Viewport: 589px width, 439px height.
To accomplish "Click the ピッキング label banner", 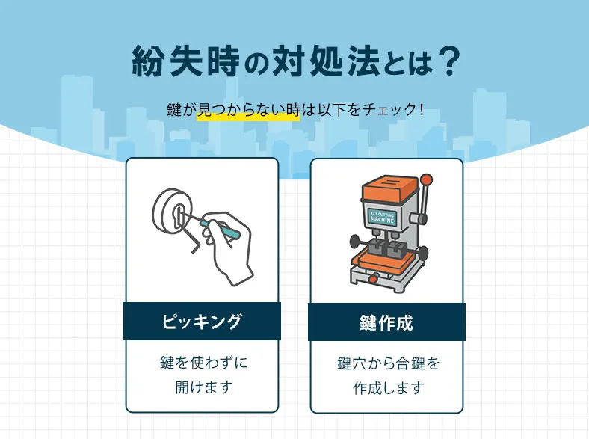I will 202,322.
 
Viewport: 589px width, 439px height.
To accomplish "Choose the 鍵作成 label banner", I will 386,322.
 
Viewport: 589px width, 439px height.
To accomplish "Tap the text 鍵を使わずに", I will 202,363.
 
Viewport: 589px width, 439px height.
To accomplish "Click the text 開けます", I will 202,387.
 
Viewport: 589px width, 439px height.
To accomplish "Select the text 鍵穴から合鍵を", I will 386,363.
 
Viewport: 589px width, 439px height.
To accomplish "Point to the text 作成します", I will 386,388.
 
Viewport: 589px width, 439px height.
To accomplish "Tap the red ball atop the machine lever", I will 427,179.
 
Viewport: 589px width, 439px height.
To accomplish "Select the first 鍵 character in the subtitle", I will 174,111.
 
